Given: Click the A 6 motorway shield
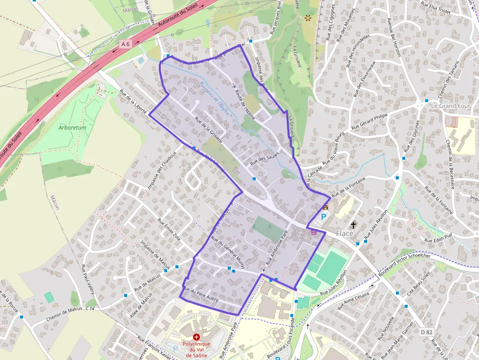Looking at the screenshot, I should click(126, 44).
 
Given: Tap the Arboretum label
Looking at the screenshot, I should click(72, 127).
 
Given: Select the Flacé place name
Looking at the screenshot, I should click(345, 233).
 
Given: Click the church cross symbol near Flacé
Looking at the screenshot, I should click(353, 225).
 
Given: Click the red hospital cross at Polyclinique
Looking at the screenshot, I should click(196, 337).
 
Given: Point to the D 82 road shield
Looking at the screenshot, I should click(427, 332).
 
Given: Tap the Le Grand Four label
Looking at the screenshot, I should click(450, 106).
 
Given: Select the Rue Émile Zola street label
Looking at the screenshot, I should click(169, 229).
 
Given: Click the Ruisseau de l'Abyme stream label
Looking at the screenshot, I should click(211, 95).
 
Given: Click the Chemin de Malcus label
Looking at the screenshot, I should click(64, 313).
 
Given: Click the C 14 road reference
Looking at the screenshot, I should click(90, 309).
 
